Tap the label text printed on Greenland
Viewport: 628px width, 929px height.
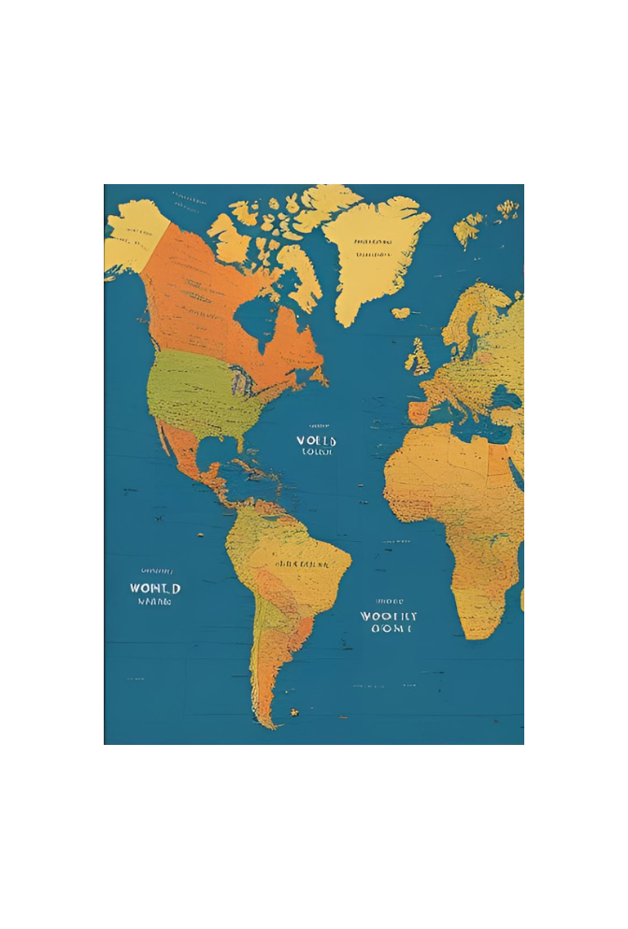coord(372,247)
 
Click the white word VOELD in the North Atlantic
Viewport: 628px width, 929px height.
coord(317,440)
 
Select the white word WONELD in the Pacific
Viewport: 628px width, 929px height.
coord(155,588)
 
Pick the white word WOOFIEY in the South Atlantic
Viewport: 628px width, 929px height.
coord(388,617)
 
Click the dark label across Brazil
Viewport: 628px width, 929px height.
coord(301,565)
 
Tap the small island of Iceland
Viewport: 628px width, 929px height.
coord(401,313)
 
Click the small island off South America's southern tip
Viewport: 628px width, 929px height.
coord(294,712)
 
